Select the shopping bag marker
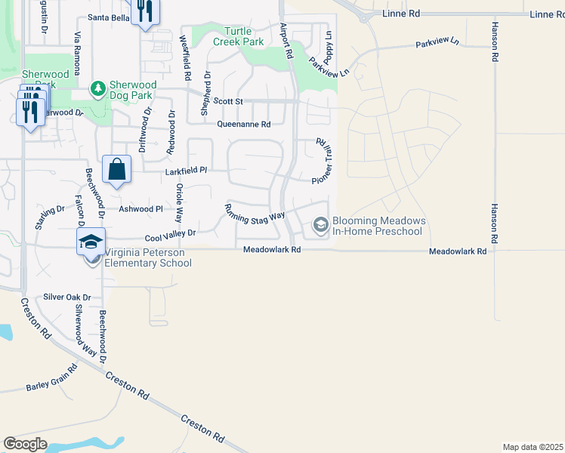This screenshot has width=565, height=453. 117,170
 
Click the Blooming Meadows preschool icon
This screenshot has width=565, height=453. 320,225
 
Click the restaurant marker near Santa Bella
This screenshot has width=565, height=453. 144,11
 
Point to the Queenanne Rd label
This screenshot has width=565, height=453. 243,125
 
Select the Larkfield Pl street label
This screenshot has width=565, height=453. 186,171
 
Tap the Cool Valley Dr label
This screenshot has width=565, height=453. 170,235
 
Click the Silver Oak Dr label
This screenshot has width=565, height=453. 66,297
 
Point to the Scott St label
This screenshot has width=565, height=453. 227,100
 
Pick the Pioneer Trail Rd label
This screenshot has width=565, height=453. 323,160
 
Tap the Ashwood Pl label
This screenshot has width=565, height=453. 141,208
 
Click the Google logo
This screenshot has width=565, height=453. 26,444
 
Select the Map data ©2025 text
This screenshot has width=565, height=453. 533,447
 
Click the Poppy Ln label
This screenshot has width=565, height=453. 329,47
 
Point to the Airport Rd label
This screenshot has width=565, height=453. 286,42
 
